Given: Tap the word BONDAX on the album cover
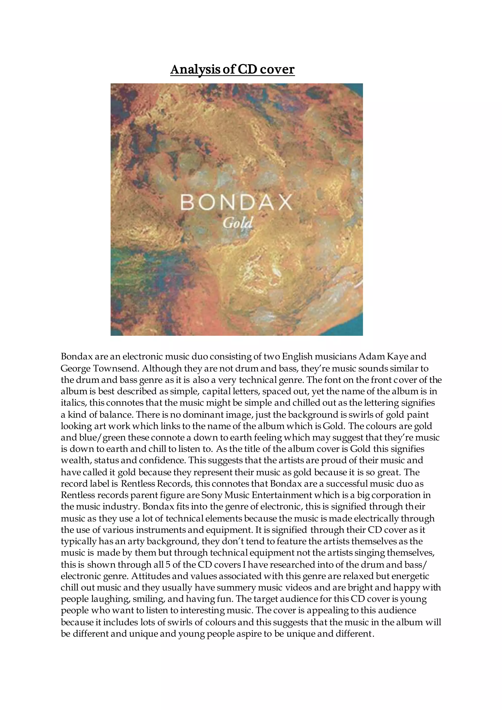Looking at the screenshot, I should coord(236,203).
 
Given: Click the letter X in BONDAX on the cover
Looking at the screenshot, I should coord(284,203).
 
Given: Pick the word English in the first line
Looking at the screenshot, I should coord(297,356).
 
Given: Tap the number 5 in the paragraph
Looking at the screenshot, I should coord(168,565).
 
